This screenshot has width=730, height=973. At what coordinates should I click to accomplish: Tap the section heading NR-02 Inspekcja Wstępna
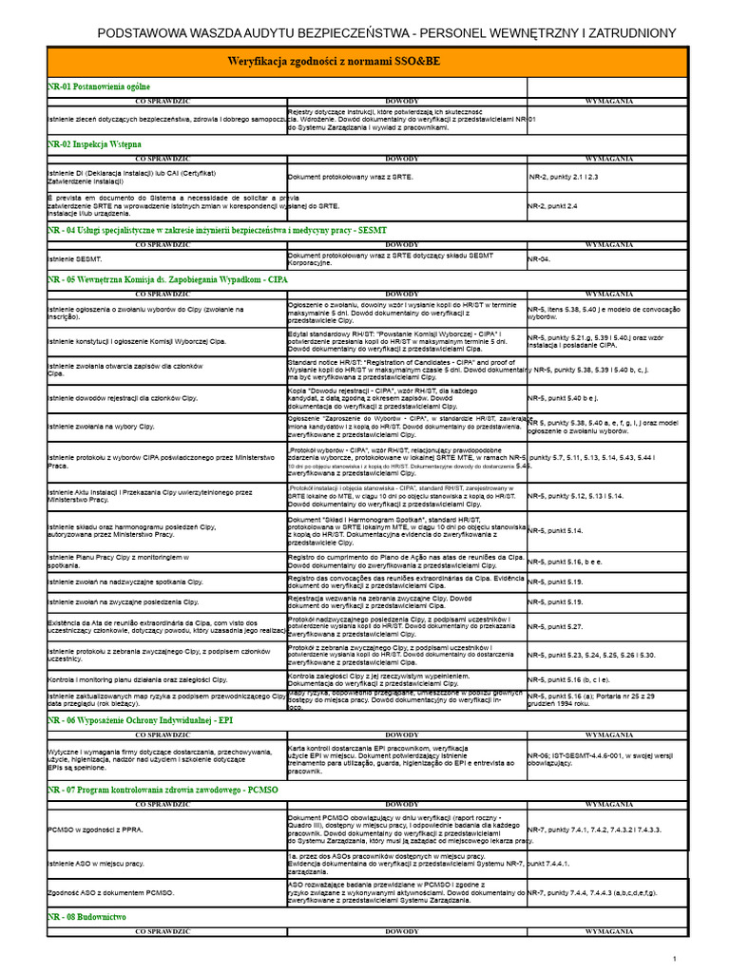pos(94,143)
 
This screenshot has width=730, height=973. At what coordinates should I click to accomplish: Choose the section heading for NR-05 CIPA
pos(166,280)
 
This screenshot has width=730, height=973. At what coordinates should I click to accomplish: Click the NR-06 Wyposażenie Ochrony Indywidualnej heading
pos(140,721)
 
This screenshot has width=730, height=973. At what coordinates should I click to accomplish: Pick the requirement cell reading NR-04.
pos(539,258)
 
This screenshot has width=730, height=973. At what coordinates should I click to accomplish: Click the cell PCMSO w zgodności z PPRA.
pos(96,830)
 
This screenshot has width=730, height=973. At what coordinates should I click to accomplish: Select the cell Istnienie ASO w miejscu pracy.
pos(96,864)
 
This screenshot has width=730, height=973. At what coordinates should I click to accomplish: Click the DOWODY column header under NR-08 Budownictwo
pos(402,932)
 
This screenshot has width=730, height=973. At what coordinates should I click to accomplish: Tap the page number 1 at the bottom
pos(674,958)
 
